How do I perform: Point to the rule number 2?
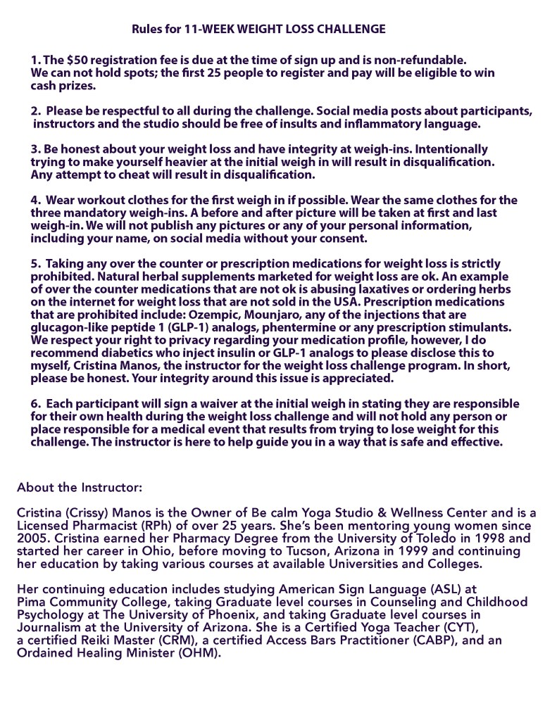35,112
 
